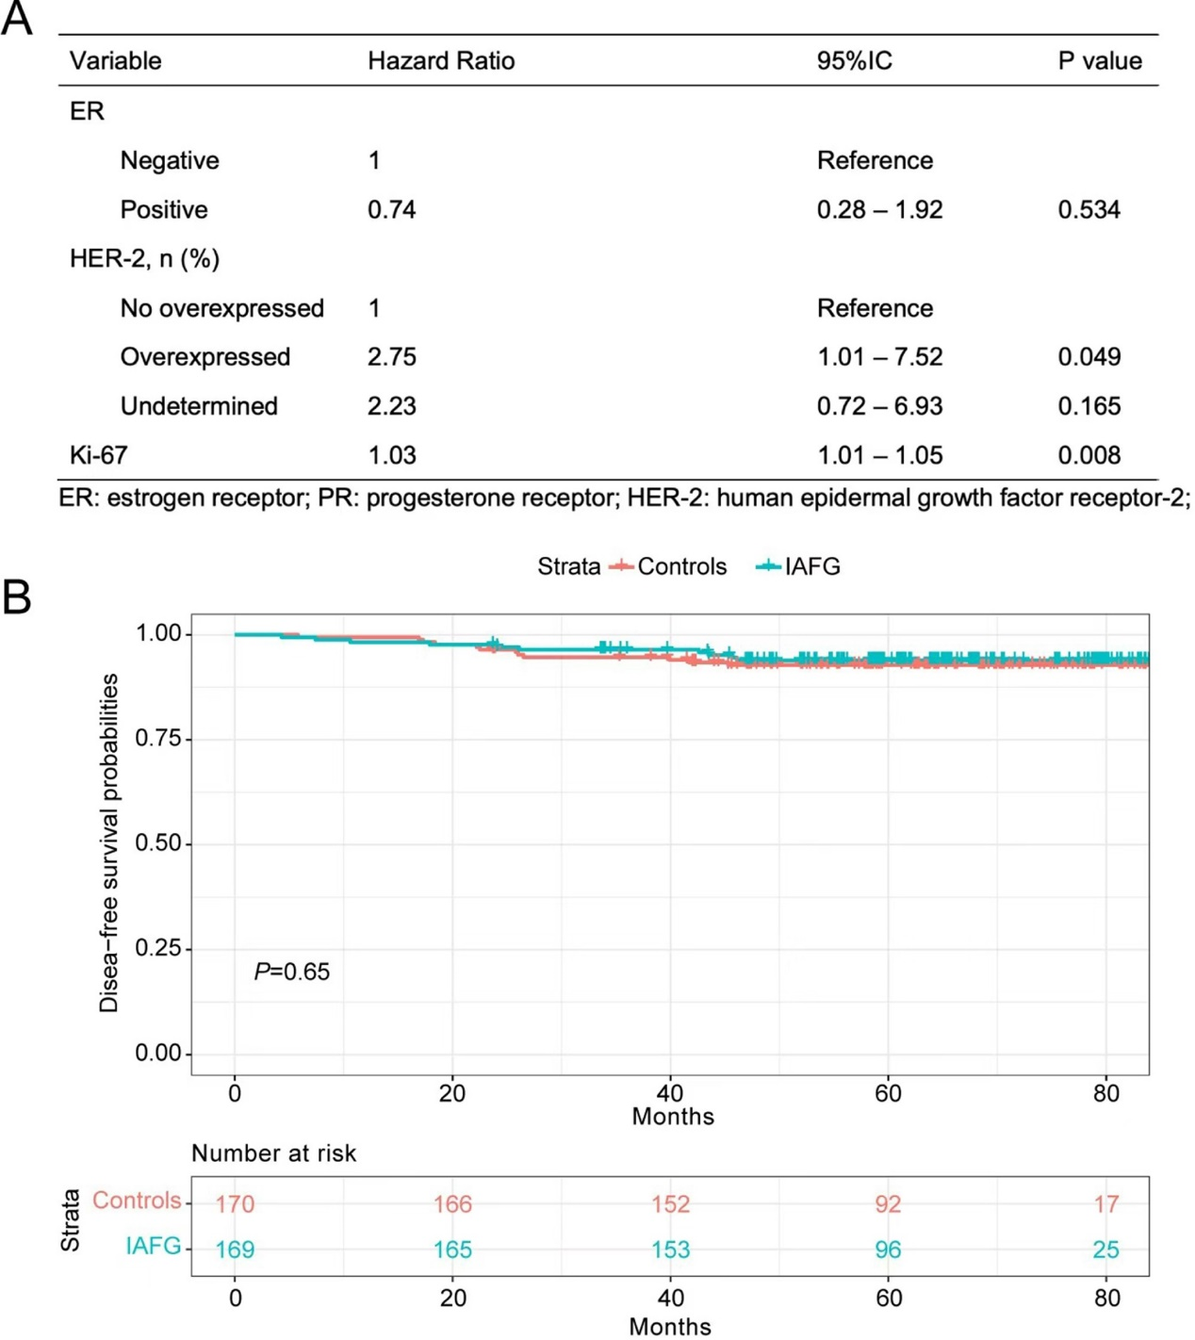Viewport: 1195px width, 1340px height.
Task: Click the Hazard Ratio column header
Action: click(x=440, y=61)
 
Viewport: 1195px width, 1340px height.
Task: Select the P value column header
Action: click(x=1099, y=61)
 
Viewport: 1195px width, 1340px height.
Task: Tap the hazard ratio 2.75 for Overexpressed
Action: click(x=391, y=357)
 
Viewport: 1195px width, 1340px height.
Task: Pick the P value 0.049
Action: click(x=1089, y=357)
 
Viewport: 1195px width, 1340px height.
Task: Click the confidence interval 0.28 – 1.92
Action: click(x=879, y=210)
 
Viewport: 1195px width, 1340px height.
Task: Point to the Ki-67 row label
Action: click(x=98, y=456)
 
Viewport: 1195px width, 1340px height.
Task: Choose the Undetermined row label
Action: click(x=199, y=406)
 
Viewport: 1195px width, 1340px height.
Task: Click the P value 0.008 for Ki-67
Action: click(x=1089, y=456)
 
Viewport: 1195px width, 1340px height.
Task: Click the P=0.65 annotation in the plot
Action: click(x=292, y=972)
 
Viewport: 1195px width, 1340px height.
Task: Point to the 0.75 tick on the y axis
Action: click(x=157, y=738)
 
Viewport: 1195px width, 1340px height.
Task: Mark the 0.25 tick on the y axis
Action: click(x=157, y=948)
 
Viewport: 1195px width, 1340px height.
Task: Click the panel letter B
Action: click(x=17, y=597)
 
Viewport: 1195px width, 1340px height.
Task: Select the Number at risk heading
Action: click(x=273, y=1153)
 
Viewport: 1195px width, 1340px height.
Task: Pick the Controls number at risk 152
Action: click(x=670, y=1204)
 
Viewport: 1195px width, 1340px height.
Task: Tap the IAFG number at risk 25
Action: click(x=1105, y=1250)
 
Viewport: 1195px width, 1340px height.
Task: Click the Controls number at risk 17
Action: click(x=1105, y=1204)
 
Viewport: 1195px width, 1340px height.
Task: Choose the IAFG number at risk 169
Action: click(x=235, y=1250)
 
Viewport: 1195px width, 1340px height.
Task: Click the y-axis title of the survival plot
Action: click(x=109, y=842)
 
